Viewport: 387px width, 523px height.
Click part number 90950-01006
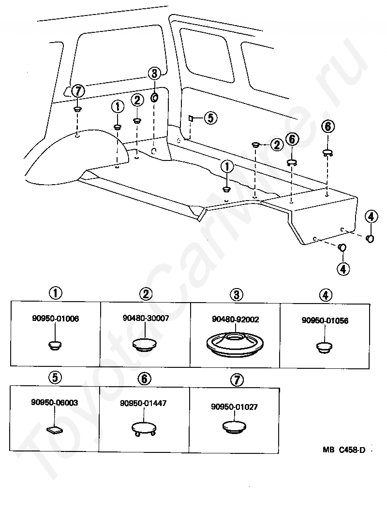coord(55,319)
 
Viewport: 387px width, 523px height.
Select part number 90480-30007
coord(146,318)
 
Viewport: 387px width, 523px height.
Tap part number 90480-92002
coord(235,320)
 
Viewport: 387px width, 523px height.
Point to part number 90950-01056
coord(325,320)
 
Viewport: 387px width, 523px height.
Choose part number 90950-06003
coord(55,402)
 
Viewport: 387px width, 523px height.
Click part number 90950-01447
coord(144,403)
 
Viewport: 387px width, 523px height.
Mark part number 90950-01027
coord(234,407)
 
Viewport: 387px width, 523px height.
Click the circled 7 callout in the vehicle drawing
coord(78,90)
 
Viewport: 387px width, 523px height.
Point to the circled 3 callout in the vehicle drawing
coord(154,73)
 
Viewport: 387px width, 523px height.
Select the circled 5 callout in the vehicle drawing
coord(210,117)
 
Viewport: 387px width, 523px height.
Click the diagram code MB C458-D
coord(344,450)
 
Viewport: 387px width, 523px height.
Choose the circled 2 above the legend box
coord(146,293)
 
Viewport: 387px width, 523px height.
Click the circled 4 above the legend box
coord(326,294)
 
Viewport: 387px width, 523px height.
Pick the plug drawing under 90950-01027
coord(234,426)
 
